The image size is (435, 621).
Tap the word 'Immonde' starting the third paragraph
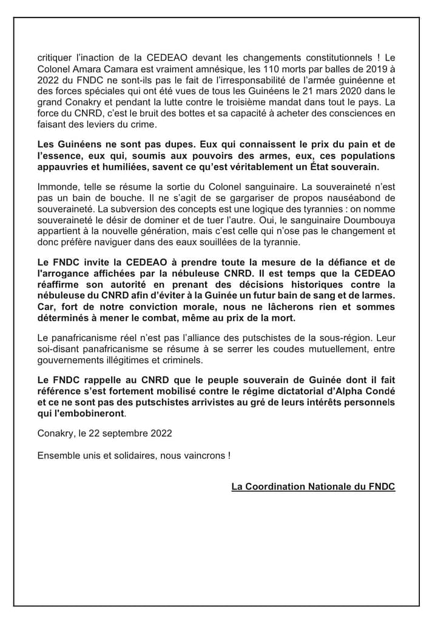point(56,187)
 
